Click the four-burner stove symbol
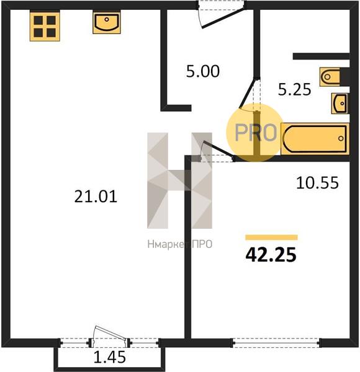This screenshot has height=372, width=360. (x=45, y=26)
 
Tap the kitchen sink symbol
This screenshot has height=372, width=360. (x=107, y=22)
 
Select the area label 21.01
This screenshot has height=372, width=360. (x=96, y=197)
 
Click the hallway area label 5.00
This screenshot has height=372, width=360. (x=203, y=71)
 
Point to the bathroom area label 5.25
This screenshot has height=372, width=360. (x=294, y=89)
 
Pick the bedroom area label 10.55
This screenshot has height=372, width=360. (x=317, y=183)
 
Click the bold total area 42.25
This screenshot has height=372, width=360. (x=271, y=255)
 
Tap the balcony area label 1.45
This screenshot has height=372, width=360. (x=109, y=357)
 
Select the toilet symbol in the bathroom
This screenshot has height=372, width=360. (x=330, y=77)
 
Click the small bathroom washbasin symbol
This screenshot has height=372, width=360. (x=340, y=104)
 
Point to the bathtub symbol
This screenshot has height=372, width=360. (x=315, y=139)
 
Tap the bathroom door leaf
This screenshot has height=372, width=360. (x=248, y=94)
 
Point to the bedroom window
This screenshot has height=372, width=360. (x=276, y=343)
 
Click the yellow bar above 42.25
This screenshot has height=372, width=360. (x=271, y=237)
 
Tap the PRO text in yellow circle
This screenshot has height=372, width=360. (x=256, y=132)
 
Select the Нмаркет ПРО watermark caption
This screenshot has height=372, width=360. (x=180, y=244)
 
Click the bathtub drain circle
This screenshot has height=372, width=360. (x=341, y=138)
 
